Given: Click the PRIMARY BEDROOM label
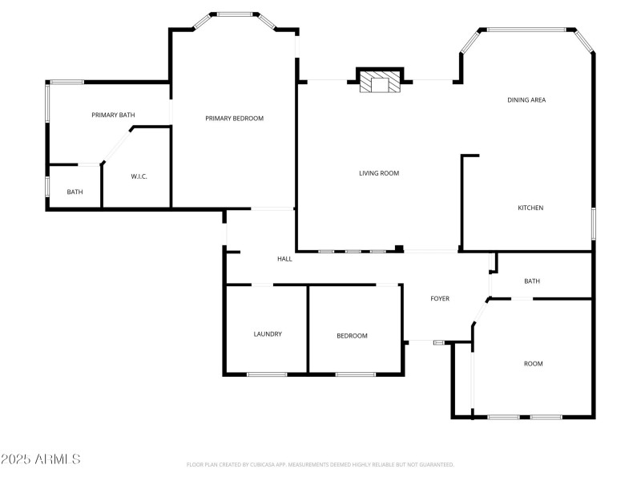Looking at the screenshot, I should tap(234, 119).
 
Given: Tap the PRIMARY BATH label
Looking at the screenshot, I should tap(113, 115).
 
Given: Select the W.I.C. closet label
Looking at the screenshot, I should tap(139, 176).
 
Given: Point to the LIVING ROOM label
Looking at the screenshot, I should tap(378, 173).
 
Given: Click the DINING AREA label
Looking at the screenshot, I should tap(526, 100).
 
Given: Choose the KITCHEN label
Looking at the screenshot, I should tap(530, 208).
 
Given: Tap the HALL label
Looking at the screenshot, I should tap(284, 259).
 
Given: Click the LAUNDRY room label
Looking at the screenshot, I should tap(267, 334).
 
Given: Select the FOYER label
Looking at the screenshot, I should tap(440, 299).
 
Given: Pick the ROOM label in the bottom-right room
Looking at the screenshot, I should tap(533, 364).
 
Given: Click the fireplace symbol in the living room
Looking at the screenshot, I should tap(378, 82).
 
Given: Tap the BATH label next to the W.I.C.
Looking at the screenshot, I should tap(75, 192).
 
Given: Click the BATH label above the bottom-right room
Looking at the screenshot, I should tap(532, 281).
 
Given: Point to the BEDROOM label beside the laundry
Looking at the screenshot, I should tap(351, 336).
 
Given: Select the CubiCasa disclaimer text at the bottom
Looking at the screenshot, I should tap(320, 464).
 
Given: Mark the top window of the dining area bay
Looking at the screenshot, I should tap(526, 30).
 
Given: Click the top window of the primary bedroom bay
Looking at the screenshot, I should tap(234, 14).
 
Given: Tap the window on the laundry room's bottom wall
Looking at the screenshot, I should tap(267, 374).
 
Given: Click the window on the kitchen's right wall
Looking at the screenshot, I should tap(594, 223).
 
